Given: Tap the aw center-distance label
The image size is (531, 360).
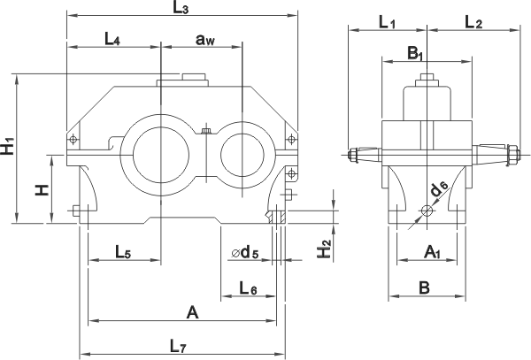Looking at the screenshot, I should click(x=204, y=41).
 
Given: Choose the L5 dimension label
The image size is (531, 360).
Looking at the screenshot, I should click(x=123, y=251).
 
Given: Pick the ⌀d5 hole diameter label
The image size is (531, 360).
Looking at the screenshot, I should click(x=244, y=254).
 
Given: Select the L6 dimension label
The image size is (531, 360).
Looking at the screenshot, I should click(x=249, y=287).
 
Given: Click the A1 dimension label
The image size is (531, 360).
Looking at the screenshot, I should click(x=433, y=253).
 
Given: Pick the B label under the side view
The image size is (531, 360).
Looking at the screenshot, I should click(x=425, y=287).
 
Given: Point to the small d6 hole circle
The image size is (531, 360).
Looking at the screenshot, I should click(x=427, y=211).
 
